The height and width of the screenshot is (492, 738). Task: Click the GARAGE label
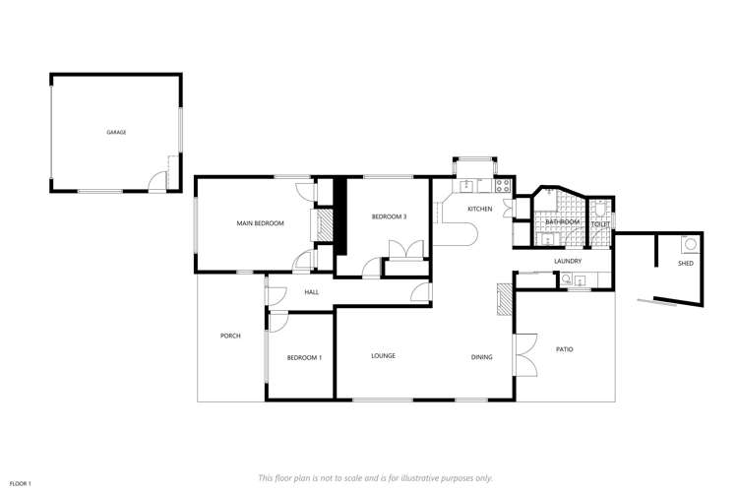116,132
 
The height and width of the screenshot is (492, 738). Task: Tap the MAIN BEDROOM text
260,223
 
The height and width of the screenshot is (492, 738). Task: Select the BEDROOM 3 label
389,215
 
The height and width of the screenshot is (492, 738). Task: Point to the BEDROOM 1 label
304,357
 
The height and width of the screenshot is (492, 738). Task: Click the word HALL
311,292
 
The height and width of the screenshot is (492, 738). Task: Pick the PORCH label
230,336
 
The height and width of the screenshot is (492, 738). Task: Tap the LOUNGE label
383,355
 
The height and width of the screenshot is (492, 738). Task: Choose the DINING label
481,357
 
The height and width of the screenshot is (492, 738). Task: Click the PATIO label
564,349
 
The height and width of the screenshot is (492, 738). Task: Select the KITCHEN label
479,210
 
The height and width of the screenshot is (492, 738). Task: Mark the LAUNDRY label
568,261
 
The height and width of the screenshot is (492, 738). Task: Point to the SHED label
685,264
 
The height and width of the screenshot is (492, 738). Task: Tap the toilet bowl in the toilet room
599,209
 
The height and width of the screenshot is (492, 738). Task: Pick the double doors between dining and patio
523,354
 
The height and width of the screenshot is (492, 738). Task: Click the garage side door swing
156,178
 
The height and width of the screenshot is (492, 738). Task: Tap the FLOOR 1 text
22,483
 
